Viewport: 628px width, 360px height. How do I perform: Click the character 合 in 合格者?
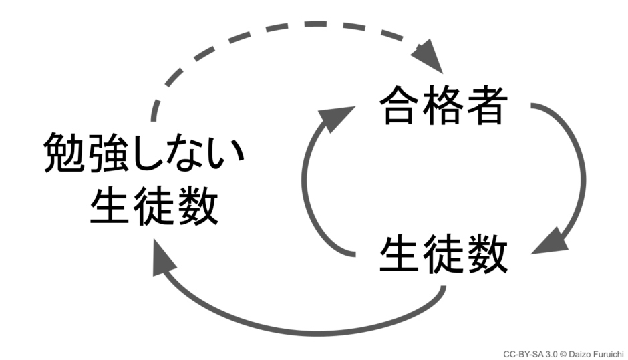pos(400,107)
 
